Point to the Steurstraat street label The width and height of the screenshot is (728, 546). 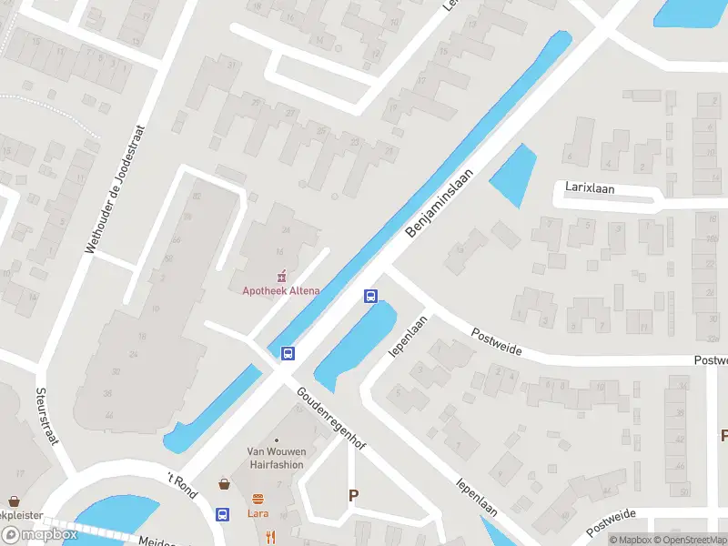click(46, 416)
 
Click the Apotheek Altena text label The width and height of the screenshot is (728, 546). click(280, 290)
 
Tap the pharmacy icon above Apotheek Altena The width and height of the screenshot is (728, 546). click(281, 275)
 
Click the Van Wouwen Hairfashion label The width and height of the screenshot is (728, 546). click(275, 457)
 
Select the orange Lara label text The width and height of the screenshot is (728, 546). click(258, 513)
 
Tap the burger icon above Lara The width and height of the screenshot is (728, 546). click(258, 499)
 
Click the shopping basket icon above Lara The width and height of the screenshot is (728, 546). click(224, 484)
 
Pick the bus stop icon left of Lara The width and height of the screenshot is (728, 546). click(222, 514)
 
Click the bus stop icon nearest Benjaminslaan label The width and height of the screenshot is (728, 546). click(370, 296)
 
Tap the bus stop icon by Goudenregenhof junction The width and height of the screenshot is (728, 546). click(288, 353)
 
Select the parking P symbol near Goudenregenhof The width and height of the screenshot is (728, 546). click(353, 495)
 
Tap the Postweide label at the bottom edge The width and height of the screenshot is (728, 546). click(612, 521)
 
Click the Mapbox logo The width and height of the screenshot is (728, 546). click(39, 534)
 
